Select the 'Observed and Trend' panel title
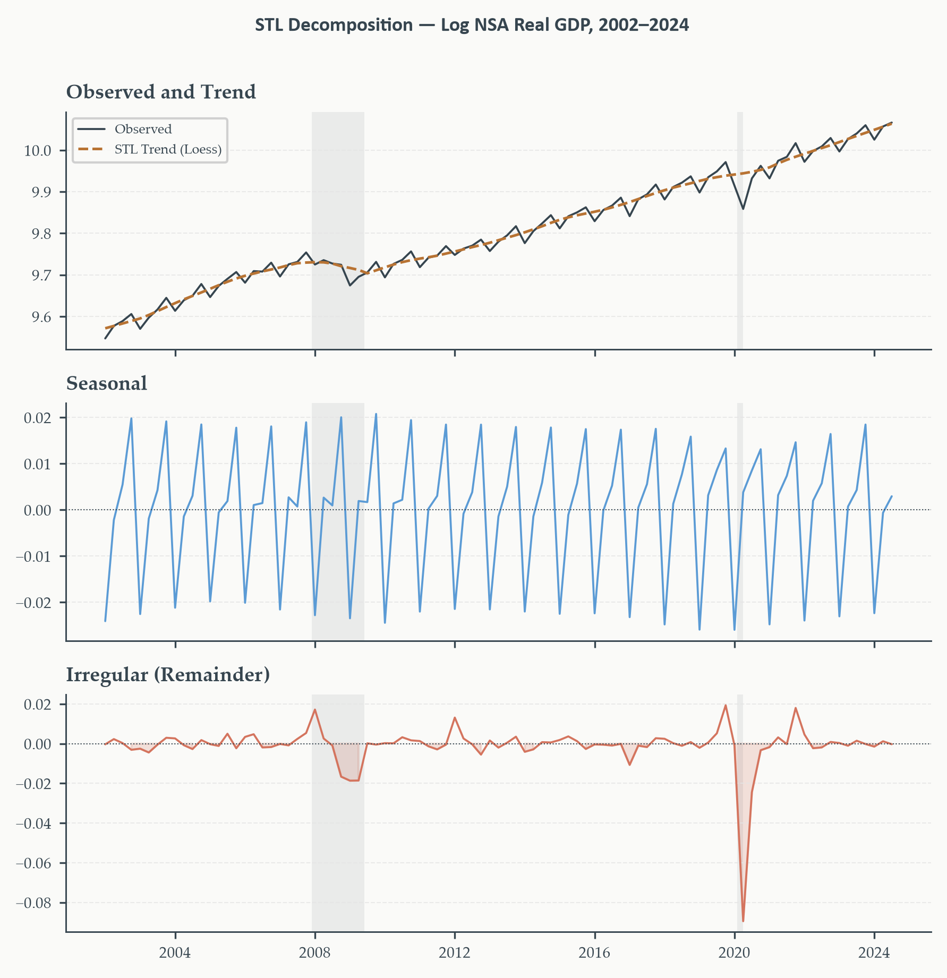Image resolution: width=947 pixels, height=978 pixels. tap(161, 92)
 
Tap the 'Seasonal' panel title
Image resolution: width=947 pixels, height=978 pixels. tap(106, 383)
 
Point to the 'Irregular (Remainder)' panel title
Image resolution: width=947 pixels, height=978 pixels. tap(168, 675)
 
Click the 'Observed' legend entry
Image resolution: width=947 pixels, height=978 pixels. tap(143, 129)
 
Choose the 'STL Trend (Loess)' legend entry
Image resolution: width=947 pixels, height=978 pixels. tap(168, 149)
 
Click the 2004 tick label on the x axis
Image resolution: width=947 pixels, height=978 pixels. tap(175, 953)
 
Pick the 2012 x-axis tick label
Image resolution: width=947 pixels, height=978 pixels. tap(455, 953)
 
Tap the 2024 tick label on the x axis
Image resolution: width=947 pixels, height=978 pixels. tap(874, 953)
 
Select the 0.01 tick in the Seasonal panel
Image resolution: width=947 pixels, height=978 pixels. tap(38, 464)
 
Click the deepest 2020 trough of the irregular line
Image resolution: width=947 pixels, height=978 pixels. tap(743, 921)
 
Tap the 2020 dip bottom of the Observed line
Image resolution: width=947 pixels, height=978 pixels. tap(743, 209)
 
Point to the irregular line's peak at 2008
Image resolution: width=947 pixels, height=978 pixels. tap(315, 709)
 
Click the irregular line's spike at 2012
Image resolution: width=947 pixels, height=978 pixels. tap(455, 717)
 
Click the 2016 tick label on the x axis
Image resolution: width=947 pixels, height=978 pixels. tap(595, 953)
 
